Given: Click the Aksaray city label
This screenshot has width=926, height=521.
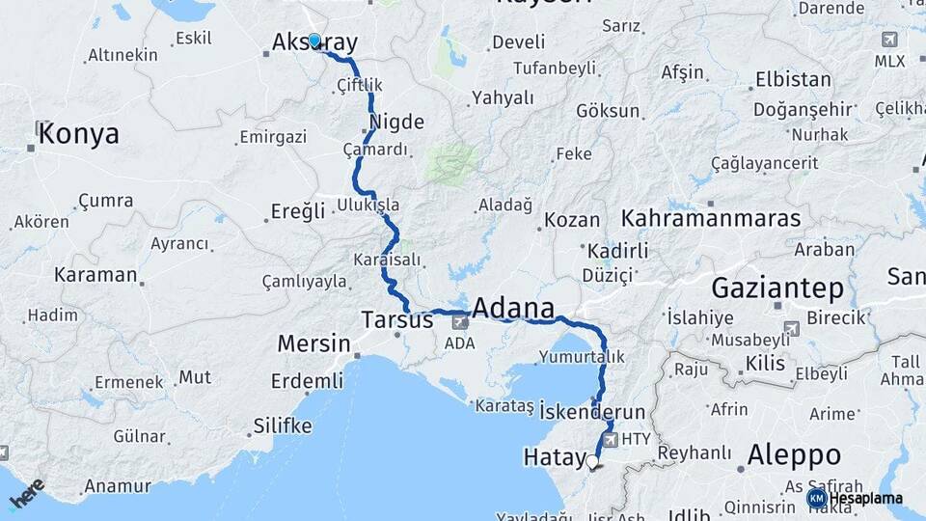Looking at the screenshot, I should coord(314,42).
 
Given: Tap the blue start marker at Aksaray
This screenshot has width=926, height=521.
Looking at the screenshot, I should coord(313,41).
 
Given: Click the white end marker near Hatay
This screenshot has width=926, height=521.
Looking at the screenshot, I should coord(592,462).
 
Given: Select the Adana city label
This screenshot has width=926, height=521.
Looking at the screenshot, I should coord(513,310).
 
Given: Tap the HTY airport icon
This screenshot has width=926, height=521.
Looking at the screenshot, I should coord(610,439).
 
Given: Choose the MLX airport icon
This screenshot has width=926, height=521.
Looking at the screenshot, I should coord(888,41).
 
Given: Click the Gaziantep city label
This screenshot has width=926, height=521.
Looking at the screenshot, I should coord(778,288).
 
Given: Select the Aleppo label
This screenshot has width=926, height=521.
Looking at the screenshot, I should coord(794,454).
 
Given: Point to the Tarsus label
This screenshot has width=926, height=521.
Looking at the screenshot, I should coord(396,318).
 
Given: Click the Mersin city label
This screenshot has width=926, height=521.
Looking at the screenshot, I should coord(313,343).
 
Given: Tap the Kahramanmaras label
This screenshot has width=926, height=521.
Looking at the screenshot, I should coord(711,218).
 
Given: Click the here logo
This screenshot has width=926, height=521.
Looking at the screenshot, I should coord(26,494).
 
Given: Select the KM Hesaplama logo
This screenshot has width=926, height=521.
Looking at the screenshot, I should coord(857,498).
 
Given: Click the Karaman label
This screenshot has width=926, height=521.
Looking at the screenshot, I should coord(95,275).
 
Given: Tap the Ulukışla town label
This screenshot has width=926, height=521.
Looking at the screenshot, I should coord(368,206).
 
